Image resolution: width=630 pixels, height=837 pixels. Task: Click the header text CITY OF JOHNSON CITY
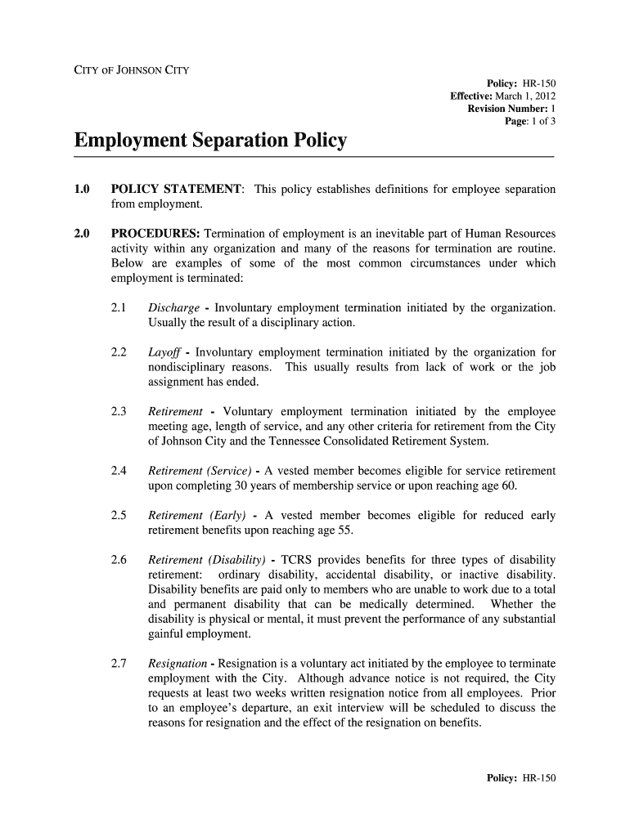pos(132,69)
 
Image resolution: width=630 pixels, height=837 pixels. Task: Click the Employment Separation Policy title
pos(210,141)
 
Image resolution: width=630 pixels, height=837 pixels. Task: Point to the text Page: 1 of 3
pos(531,121)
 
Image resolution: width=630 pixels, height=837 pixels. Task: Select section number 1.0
pos(81,190)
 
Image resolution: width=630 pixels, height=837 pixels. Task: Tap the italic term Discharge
pos(173,308)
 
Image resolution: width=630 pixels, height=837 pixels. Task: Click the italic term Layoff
pos(164,353)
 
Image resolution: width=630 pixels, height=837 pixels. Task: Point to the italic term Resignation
pos(178,664)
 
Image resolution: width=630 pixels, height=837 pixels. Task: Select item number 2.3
pos(118,412)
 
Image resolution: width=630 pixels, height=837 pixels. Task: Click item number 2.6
pos(118,560)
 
